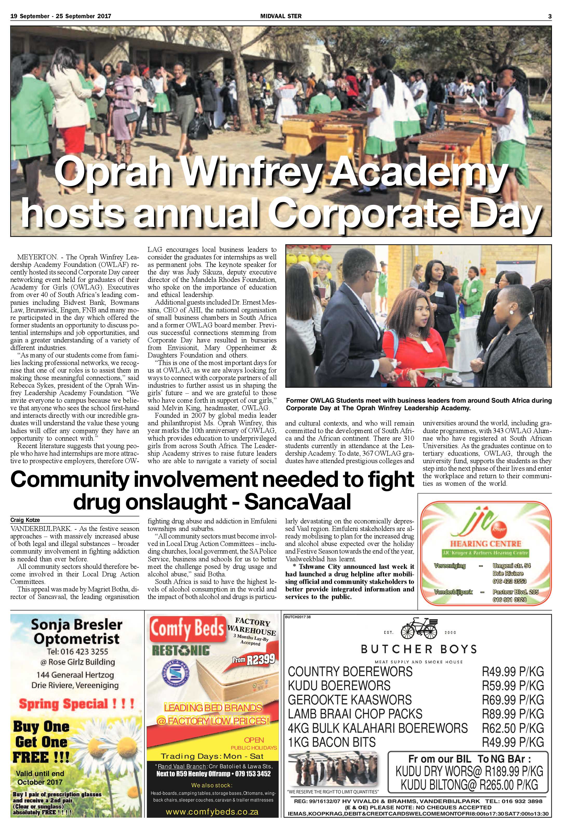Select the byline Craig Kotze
tap(25, 520)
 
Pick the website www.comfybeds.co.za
tap(213, 812)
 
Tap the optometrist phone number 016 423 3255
tap(77, 652)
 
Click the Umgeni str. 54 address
tap(511, 566)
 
